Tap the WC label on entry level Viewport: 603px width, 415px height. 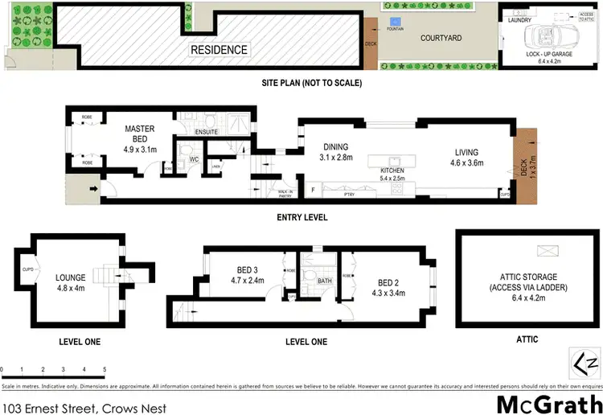click(x=194, y=159)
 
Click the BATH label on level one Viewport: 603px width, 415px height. click(x=324, y=281)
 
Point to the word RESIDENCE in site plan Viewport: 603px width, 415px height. click(x=219, y=50)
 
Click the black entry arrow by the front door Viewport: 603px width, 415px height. click(x=94, y=190)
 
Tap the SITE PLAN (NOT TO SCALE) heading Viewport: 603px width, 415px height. click(x=312, y=83)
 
